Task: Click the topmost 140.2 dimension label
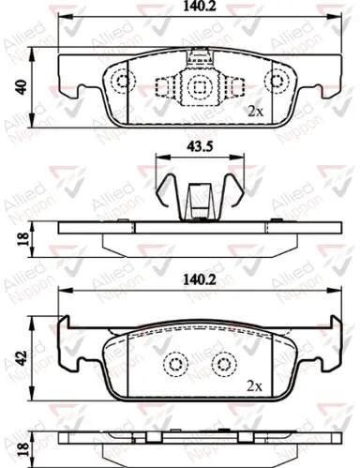pos(200,7)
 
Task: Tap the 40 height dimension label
pos(22,87)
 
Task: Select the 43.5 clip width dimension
pos(200,146)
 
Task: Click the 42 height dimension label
pos(22,358)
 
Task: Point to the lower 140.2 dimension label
pos(200,279)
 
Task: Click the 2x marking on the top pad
pos(255,112)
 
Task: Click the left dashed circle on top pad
pos(123,82)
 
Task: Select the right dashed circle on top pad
pos(277,81)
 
